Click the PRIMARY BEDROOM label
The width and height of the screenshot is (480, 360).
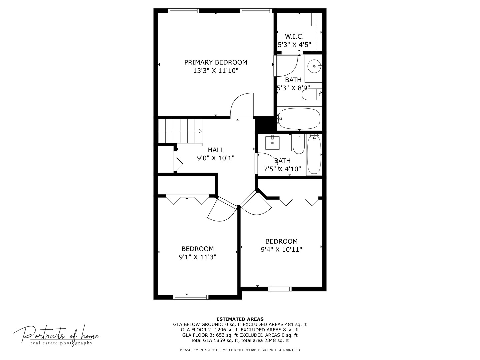216,62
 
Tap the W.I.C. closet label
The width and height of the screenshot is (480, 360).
294,37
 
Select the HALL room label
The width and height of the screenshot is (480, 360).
216,150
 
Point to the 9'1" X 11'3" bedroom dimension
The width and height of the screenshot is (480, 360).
198,257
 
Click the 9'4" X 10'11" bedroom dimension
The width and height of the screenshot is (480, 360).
281,250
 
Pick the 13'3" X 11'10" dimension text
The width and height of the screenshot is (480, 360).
216,71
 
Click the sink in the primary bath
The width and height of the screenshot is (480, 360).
314,66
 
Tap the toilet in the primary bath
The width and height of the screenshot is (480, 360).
311,94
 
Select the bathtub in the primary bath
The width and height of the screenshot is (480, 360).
299,118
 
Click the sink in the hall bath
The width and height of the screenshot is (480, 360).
273,143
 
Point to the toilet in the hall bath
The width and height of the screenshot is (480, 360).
299,144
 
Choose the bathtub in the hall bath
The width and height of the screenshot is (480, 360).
314,154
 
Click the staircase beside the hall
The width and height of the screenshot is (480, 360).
180,131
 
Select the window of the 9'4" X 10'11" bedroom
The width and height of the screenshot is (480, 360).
280,289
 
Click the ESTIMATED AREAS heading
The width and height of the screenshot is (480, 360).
240,319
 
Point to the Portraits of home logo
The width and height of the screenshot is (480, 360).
56,335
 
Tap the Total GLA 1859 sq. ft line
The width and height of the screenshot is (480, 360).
240,340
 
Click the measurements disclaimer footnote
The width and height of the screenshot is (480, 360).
240,350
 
